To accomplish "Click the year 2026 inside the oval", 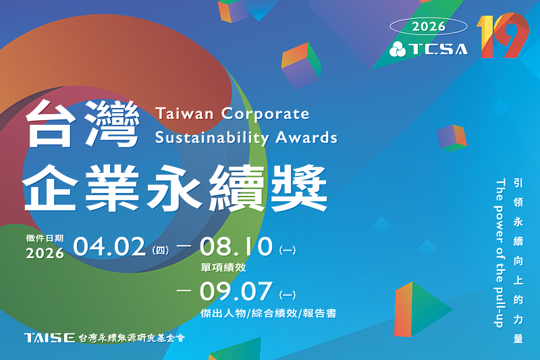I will click(428, 26).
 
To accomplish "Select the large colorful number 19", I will click(502, 36).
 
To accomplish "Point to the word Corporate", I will click(266, 113).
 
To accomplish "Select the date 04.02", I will click(109, 247).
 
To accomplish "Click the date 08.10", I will click(236, 247).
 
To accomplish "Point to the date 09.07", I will click(236, 292).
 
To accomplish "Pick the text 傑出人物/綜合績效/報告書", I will click(269, 313).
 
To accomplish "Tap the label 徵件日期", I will click(45, 238).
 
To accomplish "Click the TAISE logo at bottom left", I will click(49, 337).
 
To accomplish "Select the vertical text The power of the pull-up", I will click(500, 253).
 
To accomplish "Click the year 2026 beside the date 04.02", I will click(45, 254).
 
